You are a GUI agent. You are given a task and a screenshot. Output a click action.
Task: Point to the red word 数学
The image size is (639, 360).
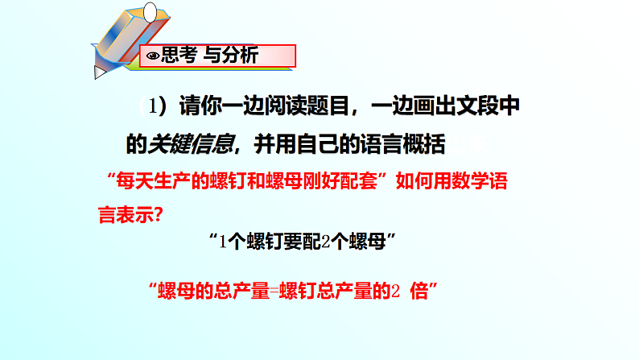click(468, 180)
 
